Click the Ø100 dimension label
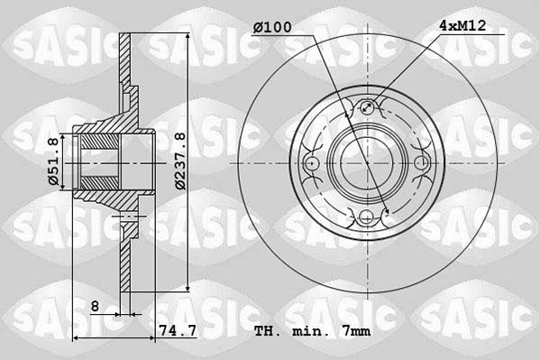click(272, 28)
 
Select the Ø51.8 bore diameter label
click(53, 162)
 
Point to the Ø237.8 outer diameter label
click(180, 161)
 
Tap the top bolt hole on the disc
click(366, 110)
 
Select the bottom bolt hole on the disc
click(366, 216)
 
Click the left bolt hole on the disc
click(313, 163)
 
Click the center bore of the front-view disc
click(366, 163)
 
